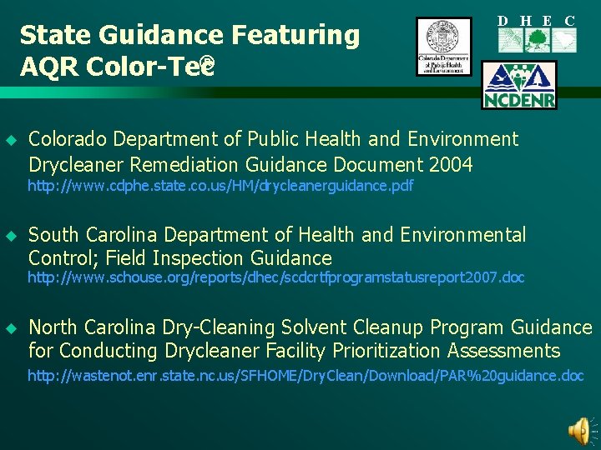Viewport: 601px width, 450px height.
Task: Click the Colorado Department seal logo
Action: pos(443,47)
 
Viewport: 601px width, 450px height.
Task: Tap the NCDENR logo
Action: pos(518,86)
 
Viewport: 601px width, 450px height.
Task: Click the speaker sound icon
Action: pos(578,430)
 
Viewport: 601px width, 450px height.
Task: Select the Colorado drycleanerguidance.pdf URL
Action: pos(220,186)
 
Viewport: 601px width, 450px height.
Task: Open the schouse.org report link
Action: pos(275,277)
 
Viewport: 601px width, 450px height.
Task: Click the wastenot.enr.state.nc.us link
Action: pos(306,376)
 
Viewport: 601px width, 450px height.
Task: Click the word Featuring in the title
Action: pos(293,35)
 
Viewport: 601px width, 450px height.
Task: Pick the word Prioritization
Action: pos(367,350)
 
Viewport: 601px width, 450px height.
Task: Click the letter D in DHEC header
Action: pos(503,20)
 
